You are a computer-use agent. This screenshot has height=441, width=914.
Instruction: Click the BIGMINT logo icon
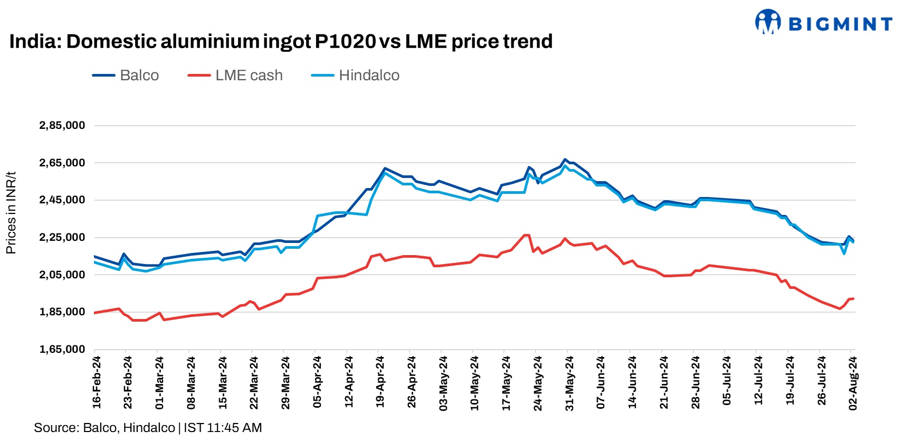(767, 22)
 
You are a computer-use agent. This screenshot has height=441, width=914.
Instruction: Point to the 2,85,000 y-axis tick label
(62, 126)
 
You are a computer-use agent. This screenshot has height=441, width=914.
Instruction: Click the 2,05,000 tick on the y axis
(62, 275)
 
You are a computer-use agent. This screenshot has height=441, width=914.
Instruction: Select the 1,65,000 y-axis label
(62, 349)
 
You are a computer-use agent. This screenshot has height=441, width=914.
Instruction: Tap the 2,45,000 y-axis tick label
(62, 200)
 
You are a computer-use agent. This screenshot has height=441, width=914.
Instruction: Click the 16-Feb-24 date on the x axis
(97, 382)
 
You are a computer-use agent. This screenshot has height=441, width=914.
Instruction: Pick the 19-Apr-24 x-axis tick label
(380, 382)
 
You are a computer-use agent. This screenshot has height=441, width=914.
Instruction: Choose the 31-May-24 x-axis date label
(569, 382)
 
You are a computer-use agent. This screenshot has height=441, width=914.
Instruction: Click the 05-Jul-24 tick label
(727, 382)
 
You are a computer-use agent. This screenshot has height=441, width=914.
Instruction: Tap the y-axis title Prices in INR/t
(11, 212)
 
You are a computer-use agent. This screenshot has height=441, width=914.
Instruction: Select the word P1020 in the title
(345, 41)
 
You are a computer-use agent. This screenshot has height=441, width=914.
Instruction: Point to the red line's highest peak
(525, 235)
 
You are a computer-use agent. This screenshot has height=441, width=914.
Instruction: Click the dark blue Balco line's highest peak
(565, 159)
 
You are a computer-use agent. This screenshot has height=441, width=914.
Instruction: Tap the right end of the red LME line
(853, 298)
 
